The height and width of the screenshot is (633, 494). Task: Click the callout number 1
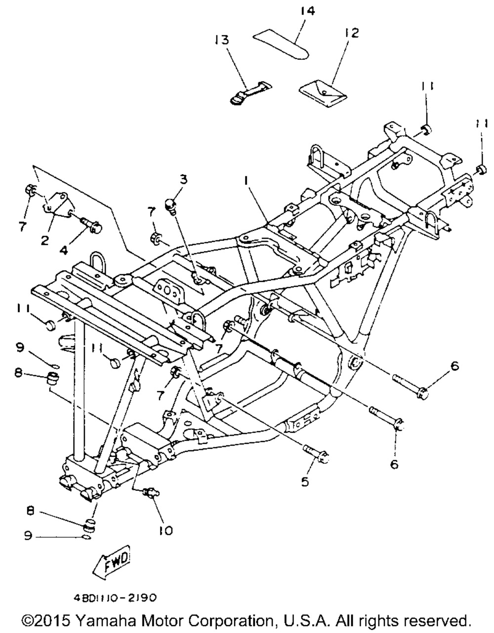[246, 182]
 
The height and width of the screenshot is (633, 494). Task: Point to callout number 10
[166, 531]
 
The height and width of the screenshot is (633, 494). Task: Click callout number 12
[352, 33]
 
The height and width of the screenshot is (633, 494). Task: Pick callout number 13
[222, 40]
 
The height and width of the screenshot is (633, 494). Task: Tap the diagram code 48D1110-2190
[115, 597]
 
